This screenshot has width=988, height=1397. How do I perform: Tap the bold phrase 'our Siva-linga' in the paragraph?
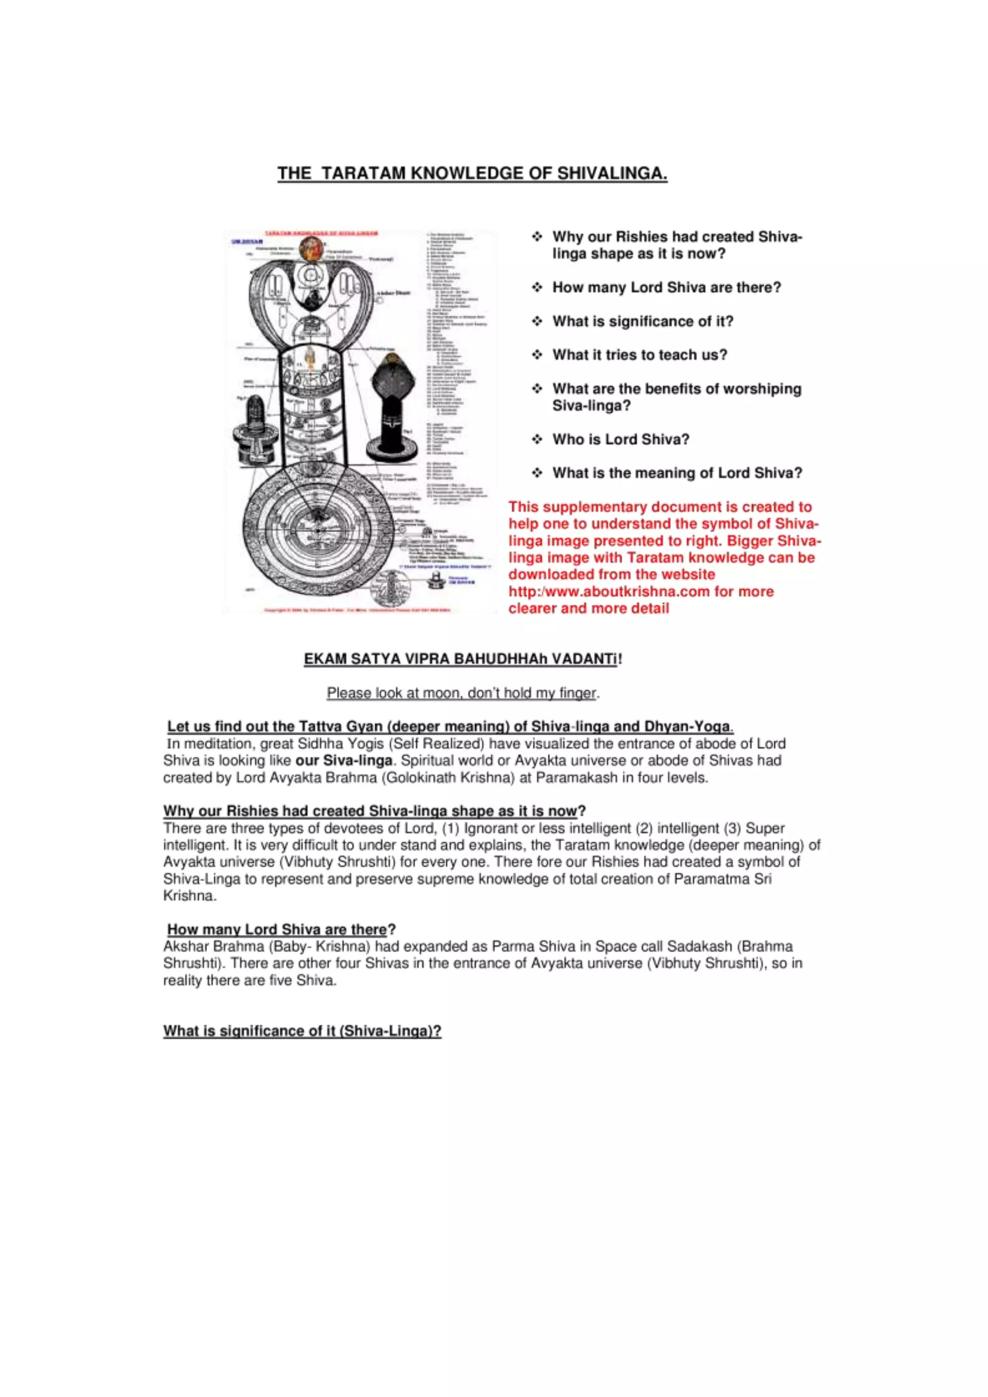coord(344,761)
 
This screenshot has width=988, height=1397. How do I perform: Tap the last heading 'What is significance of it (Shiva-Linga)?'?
coord(302,1031)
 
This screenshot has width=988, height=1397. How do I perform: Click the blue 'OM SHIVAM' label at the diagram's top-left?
coord(247,242)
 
